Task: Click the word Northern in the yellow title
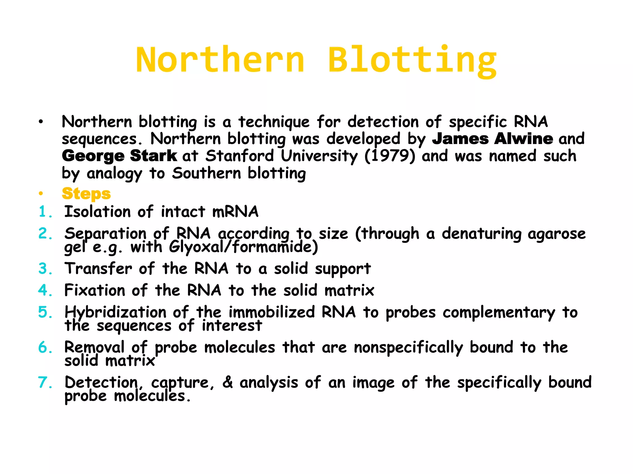pos(220,60)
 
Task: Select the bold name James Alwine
pos(492,139)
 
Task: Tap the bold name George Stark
pos(119,156)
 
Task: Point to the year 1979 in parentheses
pos(390,156)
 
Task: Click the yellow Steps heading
pos(86,194)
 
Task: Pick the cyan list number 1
pos(43,212)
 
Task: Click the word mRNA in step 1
pos(235,212)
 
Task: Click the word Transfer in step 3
pos(98,268)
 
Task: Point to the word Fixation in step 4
pos(95,290)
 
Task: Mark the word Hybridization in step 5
pos(115,312)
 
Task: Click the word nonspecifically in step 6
pos(408,348)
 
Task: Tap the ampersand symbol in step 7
pos(227,382)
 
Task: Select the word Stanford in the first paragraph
pos(240,156)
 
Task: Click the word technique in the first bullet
pos(274,122)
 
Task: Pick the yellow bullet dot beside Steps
pos(41,194)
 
